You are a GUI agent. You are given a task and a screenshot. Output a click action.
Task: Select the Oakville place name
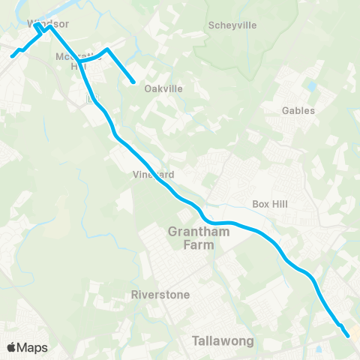pos(164,88)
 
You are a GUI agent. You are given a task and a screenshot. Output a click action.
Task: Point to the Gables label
pos(298,110)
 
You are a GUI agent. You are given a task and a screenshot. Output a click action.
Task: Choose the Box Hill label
pos(271,203)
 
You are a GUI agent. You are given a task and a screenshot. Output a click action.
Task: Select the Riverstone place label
pos(160,294)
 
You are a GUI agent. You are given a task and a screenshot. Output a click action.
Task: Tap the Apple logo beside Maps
pos(11,347)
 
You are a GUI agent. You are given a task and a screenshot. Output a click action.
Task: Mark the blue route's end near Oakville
pos(133,82)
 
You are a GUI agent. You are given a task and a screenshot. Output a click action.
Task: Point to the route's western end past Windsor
pos(12,55)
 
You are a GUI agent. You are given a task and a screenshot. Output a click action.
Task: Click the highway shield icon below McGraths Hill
pos(91,99)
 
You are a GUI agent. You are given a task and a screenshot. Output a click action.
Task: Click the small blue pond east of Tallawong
pos(320,348)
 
